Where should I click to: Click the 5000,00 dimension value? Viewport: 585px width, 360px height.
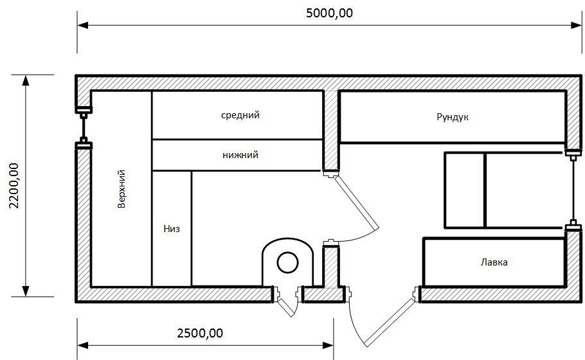329,14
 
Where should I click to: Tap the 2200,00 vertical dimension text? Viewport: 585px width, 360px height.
14,185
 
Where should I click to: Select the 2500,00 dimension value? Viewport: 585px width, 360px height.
199,333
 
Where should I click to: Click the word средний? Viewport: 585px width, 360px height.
240,115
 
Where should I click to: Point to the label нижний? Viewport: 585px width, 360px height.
240,155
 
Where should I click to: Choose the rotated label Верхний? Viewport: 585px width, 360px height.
122,189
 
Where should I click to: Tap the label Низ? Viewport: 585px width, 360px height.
172,228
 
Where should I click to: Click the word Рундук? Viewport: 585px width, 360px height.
453,117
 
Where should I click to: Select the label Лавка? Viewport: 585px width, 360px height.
494,262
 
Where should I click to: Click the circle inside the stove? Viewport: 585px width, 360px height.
287,263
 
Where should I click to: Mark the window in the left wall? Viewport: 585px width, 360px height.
84,127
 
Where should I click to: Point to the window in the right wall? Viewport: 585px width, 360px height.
573,190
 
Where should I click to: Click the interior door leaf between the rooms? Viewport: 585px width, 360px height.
356,203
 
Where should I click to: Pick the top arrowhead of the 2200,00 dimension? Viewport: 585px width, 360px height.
25,80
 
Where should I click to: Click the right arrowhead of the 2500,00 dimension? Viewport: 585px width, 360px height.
328,345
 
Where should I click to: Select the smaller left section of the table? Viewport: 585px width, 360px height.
465,190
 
